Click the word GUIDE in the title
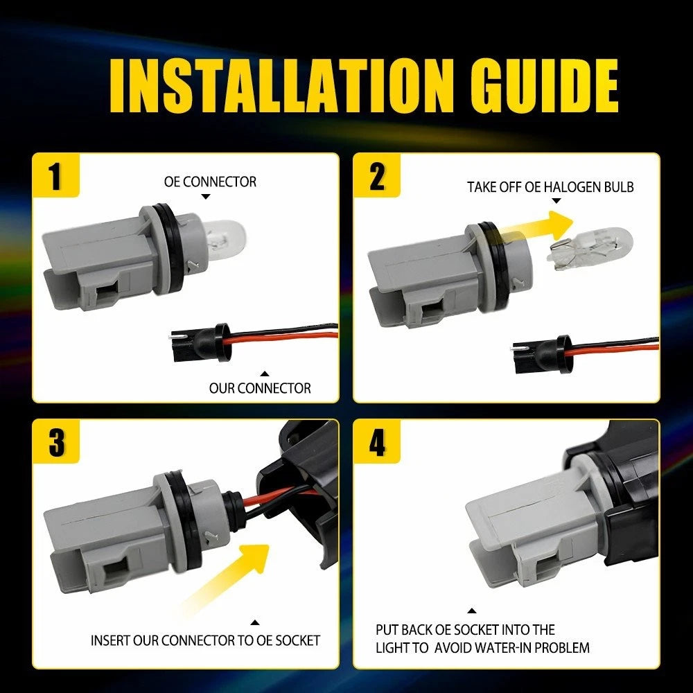tap(545, 85)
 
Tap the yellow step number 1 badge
tap(55, 175)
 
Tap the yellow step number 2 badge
tap(376, 175)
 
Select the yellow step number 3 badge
tap(56, 441)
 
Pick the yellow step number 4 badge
tap(376, 441)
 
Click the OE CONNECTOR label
tap(210, 182)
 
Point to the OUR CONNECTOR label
tap(260, 388)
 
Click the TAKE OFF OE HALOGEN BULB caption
tap(550, 187)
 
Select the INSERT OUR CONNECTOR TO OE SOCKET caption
tap(205, 640)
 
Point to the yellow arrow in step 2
tap(537, 227)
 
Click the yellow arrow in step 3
tap(225, 579)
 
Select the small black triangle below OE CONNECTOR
tap(206, 197)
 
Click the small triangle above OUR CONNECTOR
tap(264, 374)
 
